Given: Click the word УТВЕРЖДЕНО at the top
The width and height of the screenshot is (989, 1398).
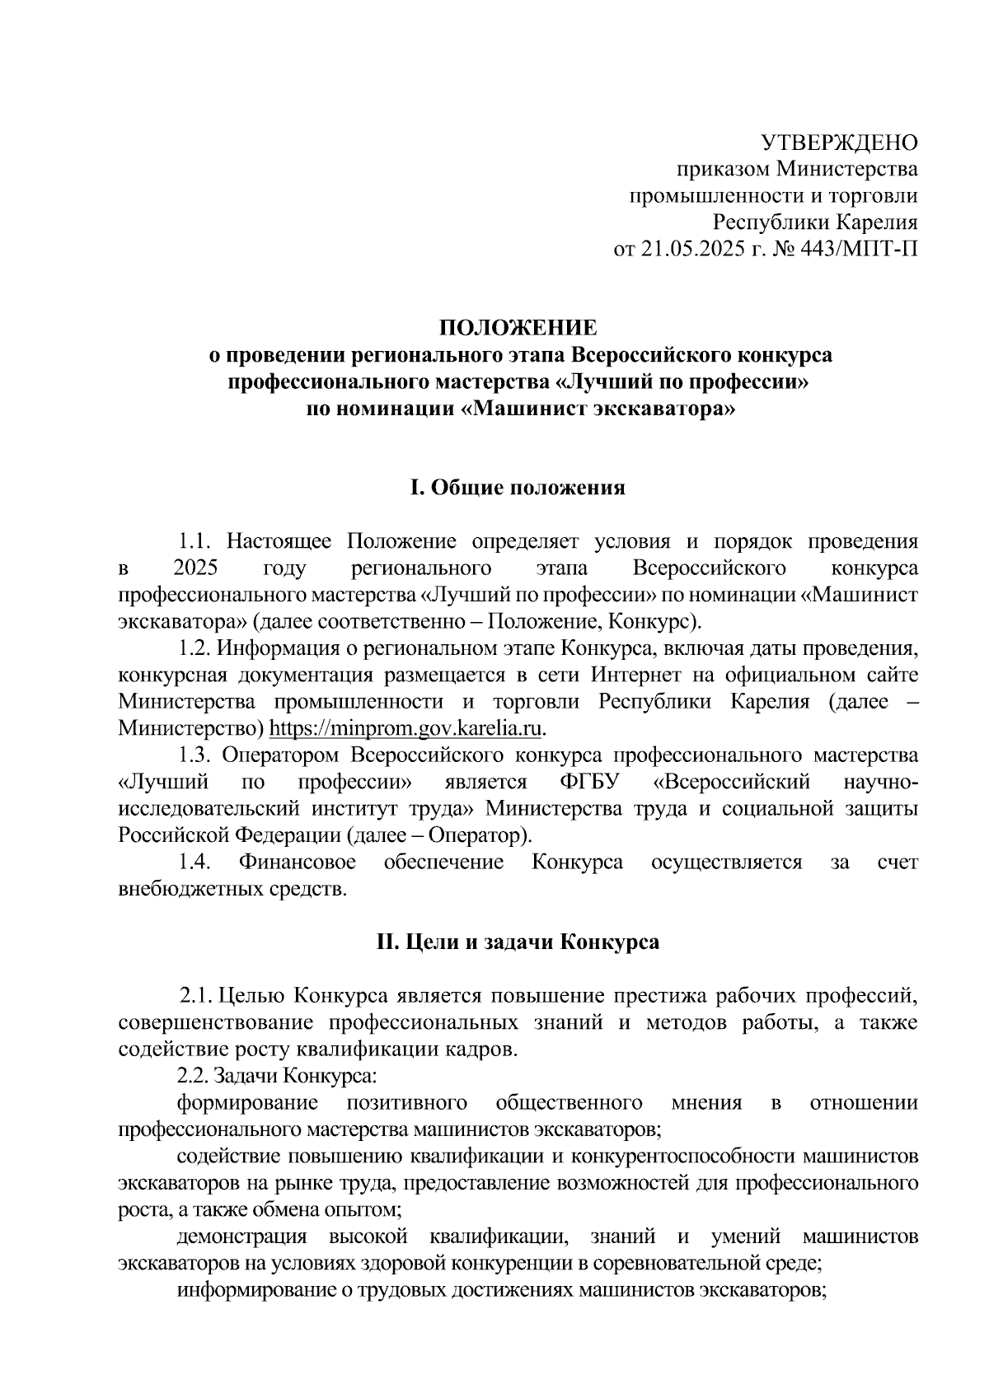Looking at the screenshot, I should point(838,143).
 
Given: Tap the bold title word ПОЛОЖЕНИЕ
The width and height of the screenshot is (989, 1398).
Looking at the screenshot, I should point(518,328).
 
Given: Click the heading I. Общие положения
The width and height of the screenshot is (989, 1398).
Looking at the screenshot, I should point(518,488).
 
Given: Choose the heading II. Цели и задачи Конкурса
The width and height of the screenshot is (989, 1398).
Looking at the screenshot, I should point(518,942).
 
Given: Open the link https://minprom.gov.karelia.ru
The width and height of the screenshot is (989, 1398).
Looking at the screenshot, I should point(407,728).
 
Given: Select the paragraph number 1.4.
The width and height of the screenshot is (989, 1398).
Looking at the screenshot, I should point(196,862).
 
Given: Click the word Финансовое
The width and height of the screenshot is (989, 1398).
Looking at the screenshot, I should point(298,862).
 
